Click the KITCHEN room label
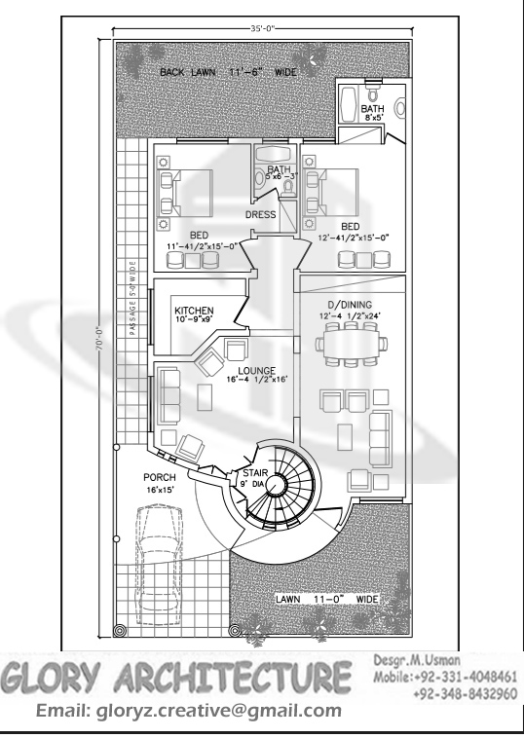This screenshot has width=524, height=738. point(194,311)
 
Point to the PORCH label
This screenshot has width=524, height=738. point(159,478)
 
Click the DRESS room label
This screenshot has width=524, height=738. point(261,214)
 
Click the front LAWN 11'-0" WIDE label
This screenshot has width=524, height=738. point(325,599)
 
